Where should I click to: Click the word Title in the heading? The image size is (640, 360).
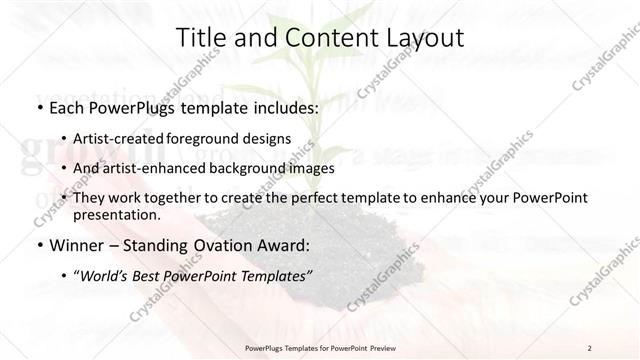[200, 38]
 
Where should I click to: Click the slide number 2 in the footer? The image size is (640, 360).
[590, 347]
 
